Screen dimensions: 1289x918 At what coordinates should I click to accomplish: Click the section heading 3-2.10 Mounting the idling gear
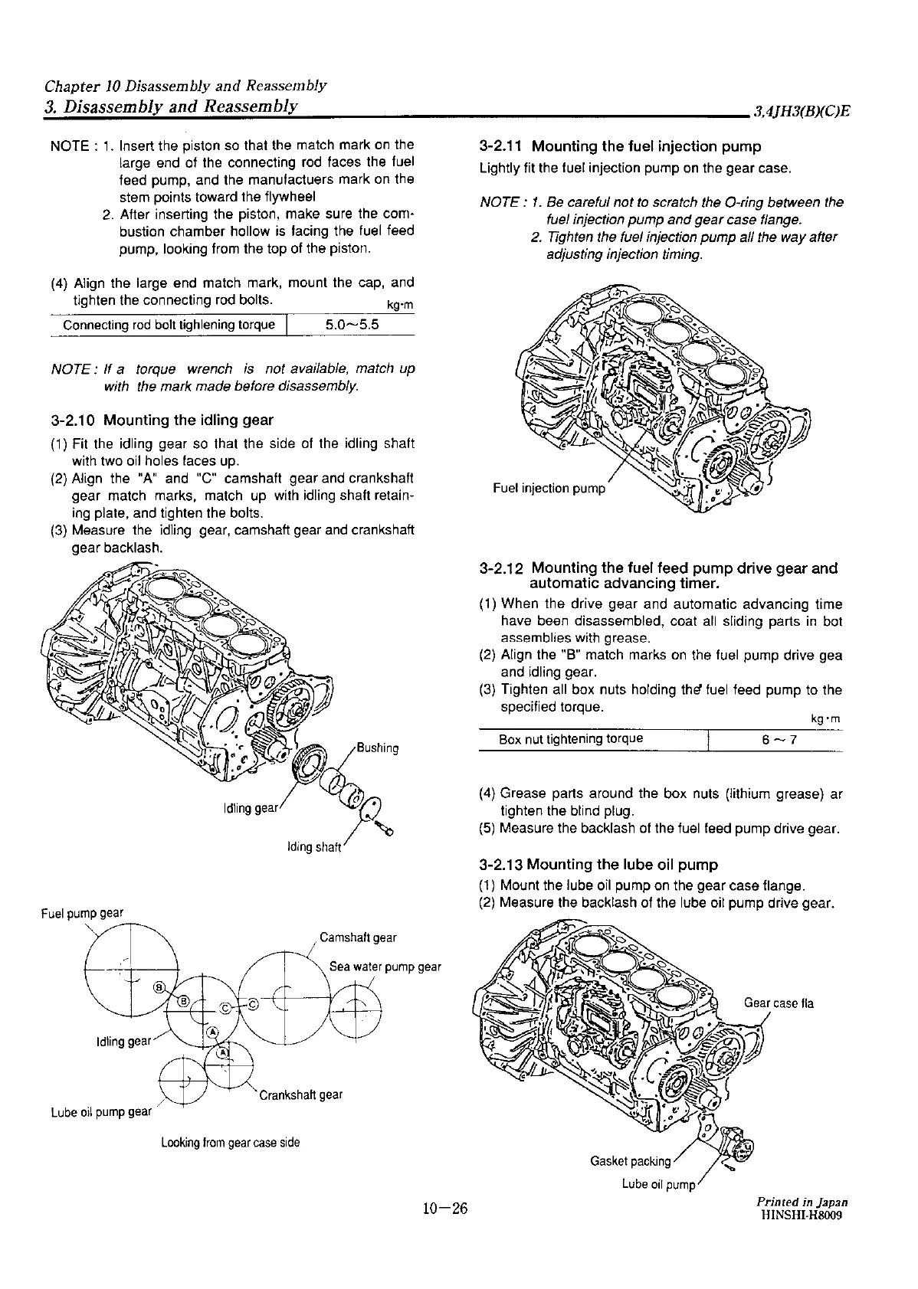click(x=161, y=420)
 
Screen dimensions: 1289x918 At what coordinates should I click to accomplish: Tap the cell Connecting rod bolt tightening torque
click(x=169, y=325)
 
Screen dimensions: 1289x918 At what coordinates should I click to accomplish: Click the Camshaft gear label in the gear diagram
click(x=358, y=937)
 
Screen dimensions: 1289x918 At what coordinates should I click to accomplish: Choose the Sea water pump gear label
click(x=385, y=967)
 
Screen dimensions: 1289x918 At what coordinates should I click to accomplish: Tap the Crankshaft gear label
click(x=300, y=1094)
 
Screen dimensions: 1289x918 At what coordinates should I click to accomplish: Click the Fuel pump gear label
click(x=82, y=912)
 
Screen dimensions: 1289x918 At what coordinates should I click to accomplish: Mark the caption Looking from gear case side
click(x=230, y=1143)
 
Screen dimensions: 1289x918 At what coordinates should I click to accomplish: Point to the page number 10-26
click(x=444, y=1209)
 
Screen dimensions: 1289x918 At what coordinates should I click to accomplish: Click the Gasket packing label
click(x=630, y=1160)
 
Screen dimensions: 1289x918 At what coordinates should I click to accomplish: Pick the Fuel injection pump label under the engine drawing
click(x=549, y=488)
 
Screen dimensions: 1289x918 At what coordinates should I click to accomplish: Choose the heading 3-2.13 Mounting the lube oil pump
click(x=598, y=865)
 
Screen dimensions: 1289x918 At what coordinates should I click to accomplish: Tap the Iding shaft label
click(x=313, y=847)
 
